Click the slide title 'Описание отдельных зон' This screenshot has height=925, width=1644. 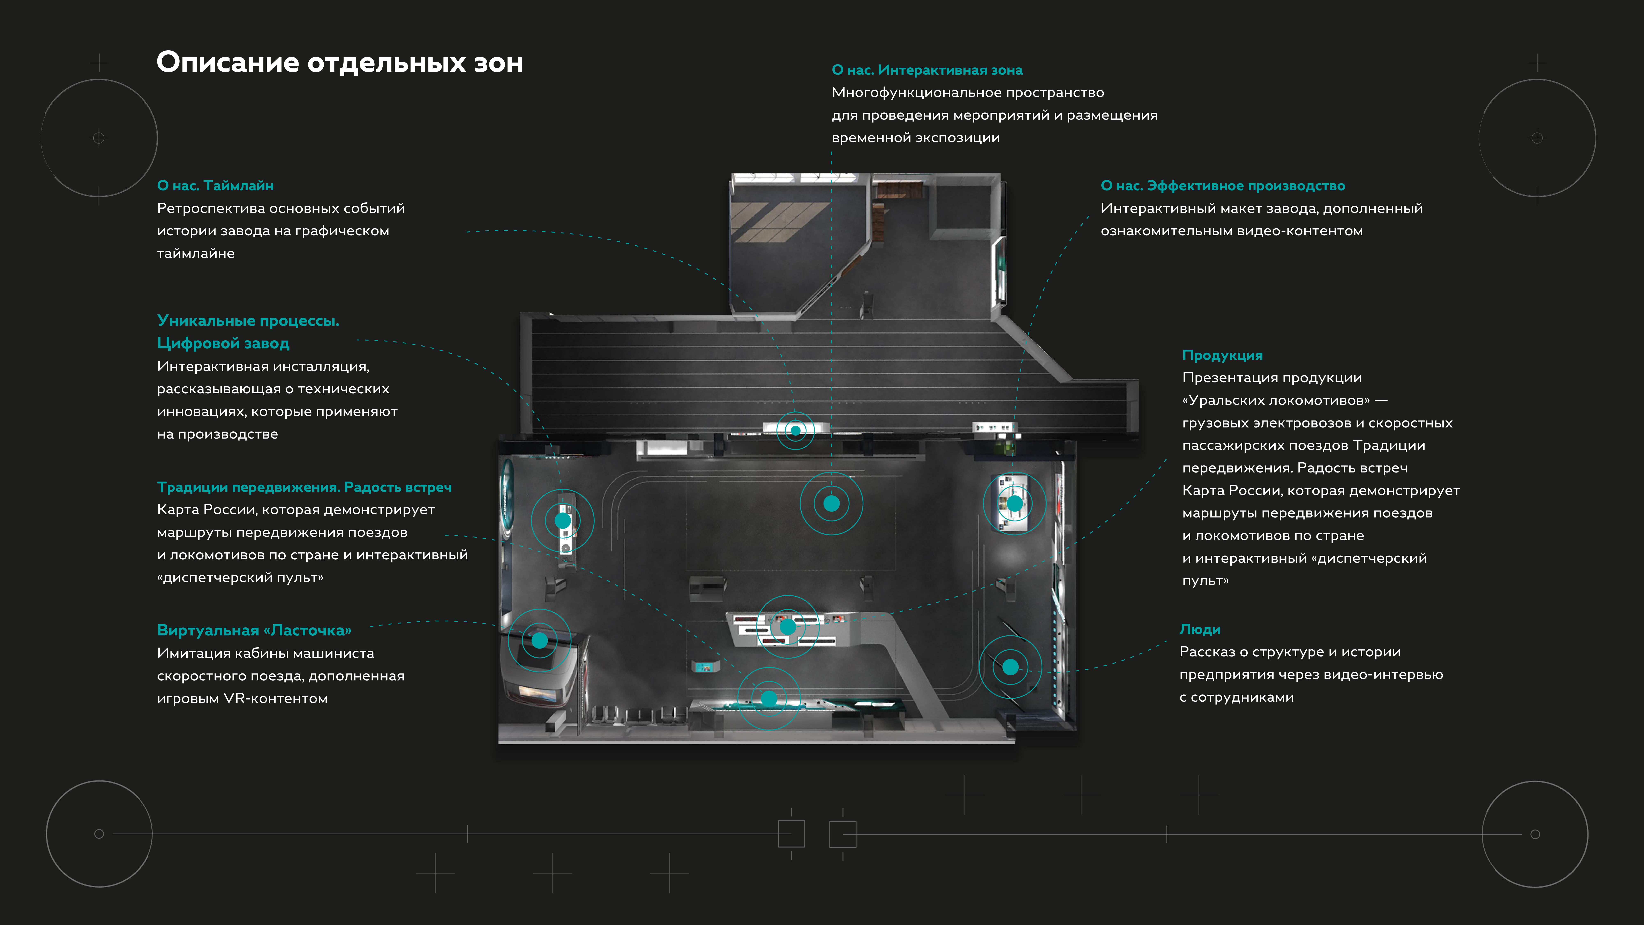pos(339,62)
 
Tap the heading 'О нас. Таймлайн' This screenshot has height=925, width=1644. pos(215,186)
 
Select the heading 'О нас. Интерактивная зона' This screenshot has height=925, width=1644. pos(927,70)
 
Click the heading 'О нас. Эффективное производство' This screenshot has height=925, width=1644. pos(1222,186)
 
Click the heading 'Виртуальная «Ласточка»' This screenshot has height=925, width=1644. pos(254,631)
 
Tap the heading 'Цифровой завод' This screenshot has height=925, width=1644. pos(223,343)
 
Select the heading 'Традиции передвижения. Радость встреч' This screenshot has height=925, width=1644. pos(304,487)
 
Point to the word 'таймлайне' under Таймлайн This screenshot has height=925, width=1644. pos(195,253)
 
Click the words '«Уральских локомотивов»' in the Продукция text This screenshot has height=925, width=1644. pos(1275,400)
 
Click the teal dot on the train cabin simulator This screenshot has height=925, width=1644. pos(539,640)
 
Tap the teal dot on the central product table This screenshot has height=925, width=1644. pos(788,627)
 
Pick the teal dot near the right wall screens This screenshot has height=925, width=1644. pos(1010,667)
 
